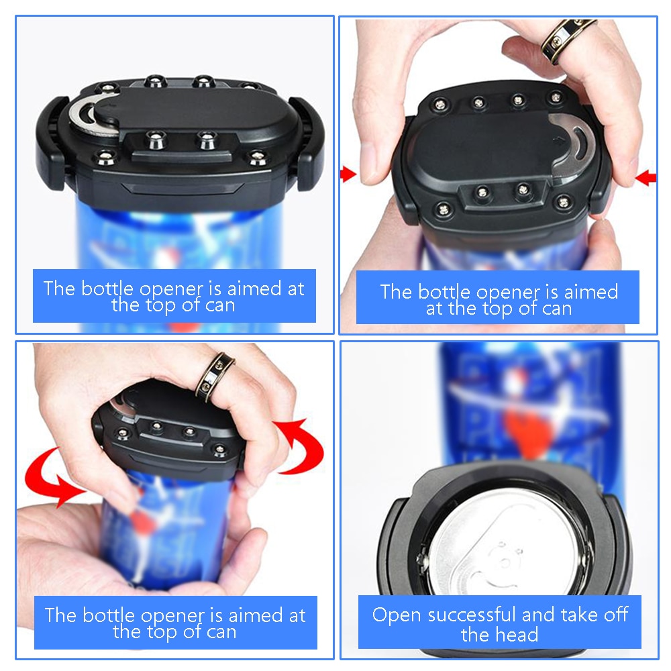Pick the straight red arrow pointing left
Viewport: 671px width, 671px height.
pos(646,178)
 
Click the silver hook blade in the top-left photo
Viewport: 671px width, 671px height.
pos(87,117)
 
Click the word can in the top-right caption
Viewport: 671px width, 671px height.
pos(556,309)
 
